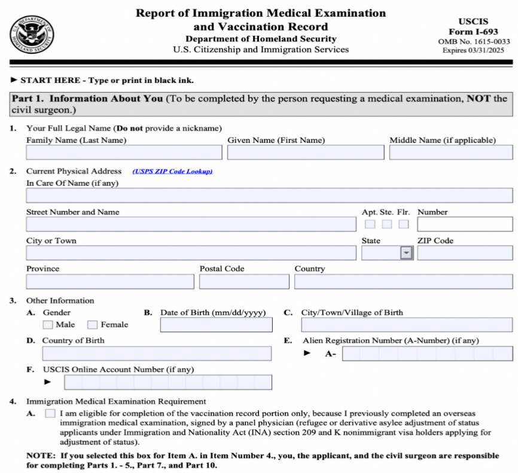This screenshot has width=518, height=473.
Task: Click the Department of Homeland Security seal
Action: point(31,33)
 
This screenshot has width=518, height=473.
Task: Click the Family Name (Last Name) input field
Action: point(124,152)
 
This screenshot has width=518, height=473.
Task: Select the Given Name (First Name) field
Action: point(306,152)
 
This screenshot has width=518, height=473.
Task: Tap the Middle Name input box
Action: point(450,152)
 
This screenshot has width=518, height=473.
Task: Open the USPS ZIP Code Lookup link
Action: point(172,171)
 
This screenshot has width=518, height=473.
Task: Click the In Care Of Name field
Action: point(269,195)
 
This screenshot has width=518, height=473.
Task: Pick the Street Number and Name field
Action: point(191,224)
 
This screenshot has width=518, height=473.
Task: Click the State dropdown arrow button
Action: point(407,253)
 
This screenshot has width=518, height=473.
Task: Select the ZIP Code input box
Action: point(465,253)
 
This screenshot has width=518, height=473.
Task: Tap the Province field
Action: point(110,281)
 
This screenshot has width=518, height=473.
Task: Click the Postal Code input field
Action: point(244,281)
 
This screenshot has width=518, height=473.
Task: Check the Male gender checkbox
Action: point(48,325)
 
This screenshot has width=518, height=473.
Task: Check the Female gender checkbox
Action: point(93,325)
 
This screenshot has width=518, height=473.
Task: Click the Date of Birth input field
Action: point(216,325)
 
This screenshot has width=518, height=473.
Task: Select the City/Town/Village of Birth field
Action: point(407,325)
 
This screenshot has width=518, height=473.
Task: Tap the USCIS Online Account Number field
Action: point(167,382)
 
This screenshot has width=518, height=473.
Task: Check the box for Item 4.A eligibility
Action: point(50,413)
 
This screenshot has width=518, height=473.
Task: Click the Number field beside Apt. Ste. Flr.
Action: point(465,224)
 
